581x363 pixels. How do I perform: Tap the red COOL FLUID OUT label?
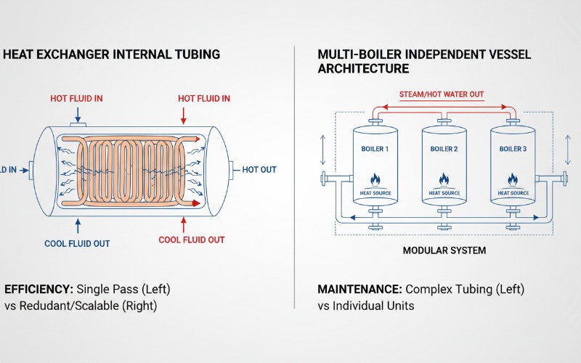tap(192, 240)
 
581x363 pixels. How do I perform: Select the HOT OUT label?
tap(259, 170)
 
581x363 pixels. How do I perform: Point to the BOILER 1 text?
tap(375, 150)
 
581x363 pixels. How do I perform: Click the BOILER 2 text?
tap(444, 150)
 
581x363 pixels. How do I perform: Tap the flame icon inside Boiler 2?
tap(444, 179)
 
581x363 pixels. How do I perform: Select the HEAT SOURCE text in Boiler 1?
tap(375, 193)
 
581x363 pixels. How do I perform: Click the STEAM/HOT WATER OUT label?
tap(442, 94)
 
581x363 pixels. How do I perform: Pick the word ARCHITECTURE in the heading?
tap(363, 69)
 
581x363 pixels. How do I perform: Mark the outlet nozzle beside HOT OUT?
tap(232, 170)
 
